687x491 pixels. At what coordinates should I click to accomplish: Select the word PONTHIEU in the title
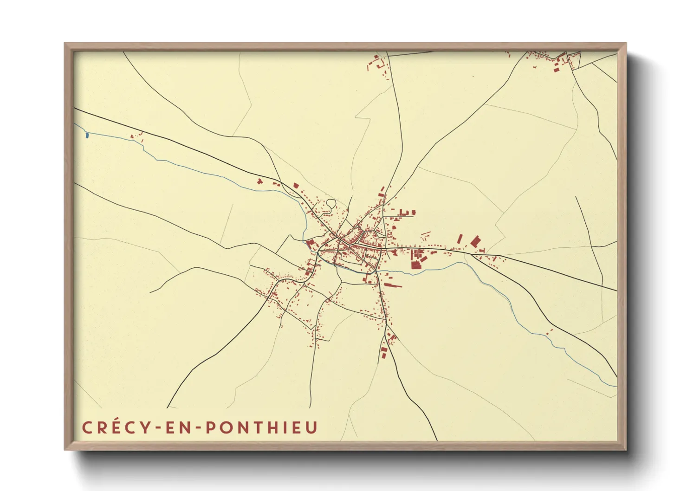click(261, 427)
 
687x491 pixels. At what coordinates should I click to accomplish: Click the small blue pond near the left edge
click(87, 135)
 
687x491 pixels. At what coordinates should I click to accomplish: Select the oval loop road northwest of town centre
click(331, 203)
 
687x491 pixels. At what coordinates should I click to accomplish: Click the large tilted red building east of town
click(475, 241)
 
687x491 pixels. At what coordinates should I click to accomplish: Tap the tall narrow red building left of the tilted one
click(460, 239)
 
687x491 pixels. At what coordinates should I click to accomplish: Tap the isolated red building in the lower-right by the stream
click(549, 331)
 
